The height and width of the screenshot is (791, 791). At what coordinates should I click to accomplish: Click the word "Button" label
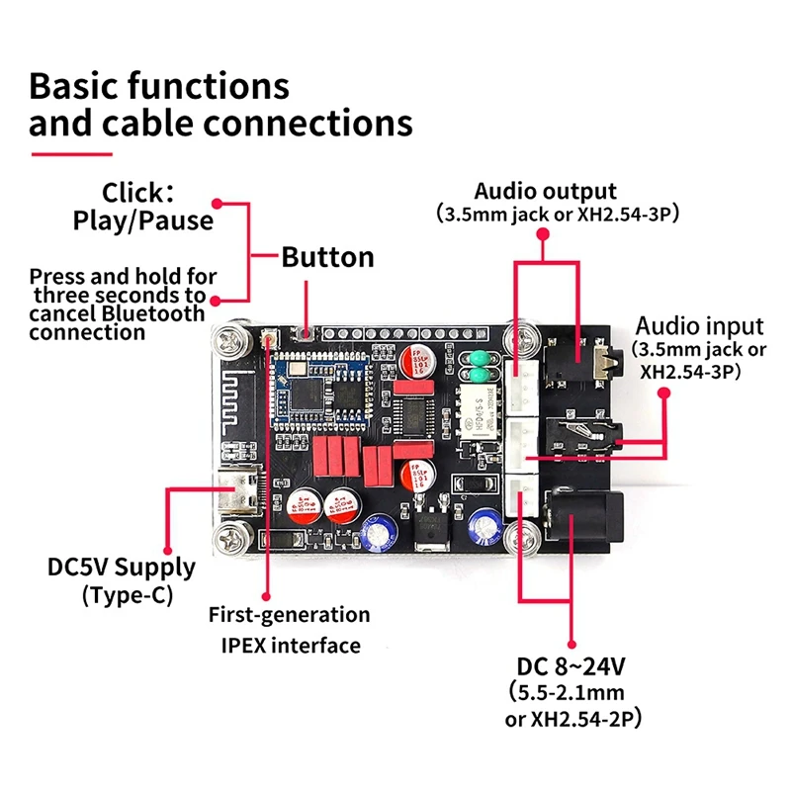click(327, 258)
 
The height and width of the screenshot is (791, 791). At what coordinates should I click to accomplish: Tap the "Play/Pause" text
click(143, 220)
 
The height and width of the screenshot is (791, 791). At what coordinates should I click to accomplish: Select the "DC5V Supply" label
click(122, 569)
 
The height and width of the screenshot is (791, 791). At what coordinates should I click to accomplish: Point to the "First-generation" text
click(289, 615)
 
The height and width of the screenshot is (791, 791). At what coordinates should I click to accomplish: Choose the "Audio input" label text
click(699, 326)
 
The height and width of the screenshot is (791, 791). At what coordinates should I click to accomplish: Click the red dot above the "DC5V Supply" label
click(167, 549)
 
